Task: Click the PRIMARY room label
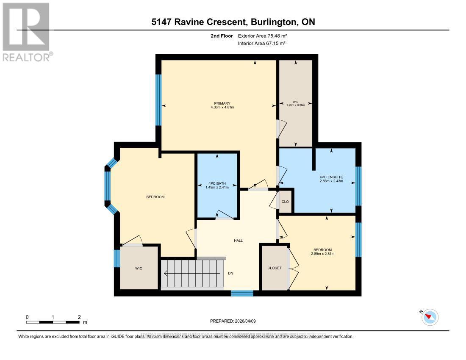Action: click(222, 103)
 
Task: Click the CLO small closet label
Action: click(285, 202)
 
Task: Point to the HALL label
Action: click(238, 241)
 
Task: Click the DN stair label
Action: click(230, 273)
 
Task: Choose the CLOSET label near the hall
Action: click(274, 268)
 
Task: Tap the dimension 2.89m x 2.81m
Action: click(322, 254)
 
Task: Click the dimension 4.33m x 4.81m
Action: click(222, 108)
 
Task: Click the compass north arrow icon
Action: click(431, 317)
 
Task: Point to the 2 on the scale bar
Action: click(79, 317)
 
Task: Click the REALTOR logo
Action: click(26, 32)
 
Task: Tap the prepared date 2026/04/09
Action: click(244, 321)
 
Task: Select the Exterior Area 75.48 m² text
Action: click(262, 36)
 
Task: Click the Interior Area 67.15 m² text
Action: click(261, 43)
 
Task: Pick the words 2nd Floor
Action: click(221, 36)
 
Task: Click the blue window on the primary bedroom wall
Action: click(158, 100)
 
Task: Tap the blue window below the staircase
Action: click(242, 293)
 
